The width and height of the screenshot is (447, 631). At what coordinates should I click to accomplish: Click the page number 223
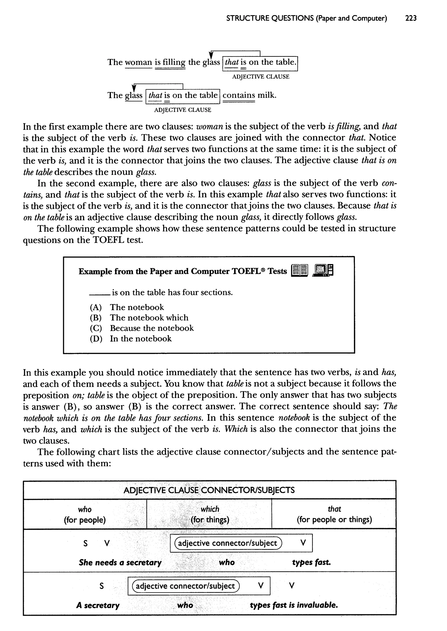(x=411, y=18)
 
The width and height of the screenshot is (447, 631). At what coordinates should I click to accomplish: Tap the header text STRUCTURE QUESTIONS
(x=270, y=18)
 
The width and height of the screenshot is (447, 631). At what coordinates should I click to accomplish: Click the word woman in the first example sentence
(x=138, y=62)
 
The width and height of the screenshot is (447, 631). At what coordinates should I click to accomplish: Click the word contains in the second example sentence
(x=239, y=95)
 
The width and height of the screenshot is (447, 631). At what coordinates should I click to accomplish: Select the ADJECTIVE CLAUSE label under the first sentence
(x=260, y=77)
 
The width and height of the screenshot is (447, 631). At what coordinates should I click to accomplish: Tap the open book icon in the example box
(x=299, y=270)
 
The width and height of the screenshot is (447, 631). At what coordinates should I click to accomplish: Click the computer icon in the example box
(x=323, y=270)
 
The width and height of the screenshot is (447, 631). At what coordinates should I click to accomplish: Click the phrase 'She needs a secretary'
(x=120, y=562)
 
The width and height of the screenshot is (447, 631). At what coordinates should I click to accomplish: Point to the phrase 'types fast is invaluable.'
(x=294, y=605)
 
